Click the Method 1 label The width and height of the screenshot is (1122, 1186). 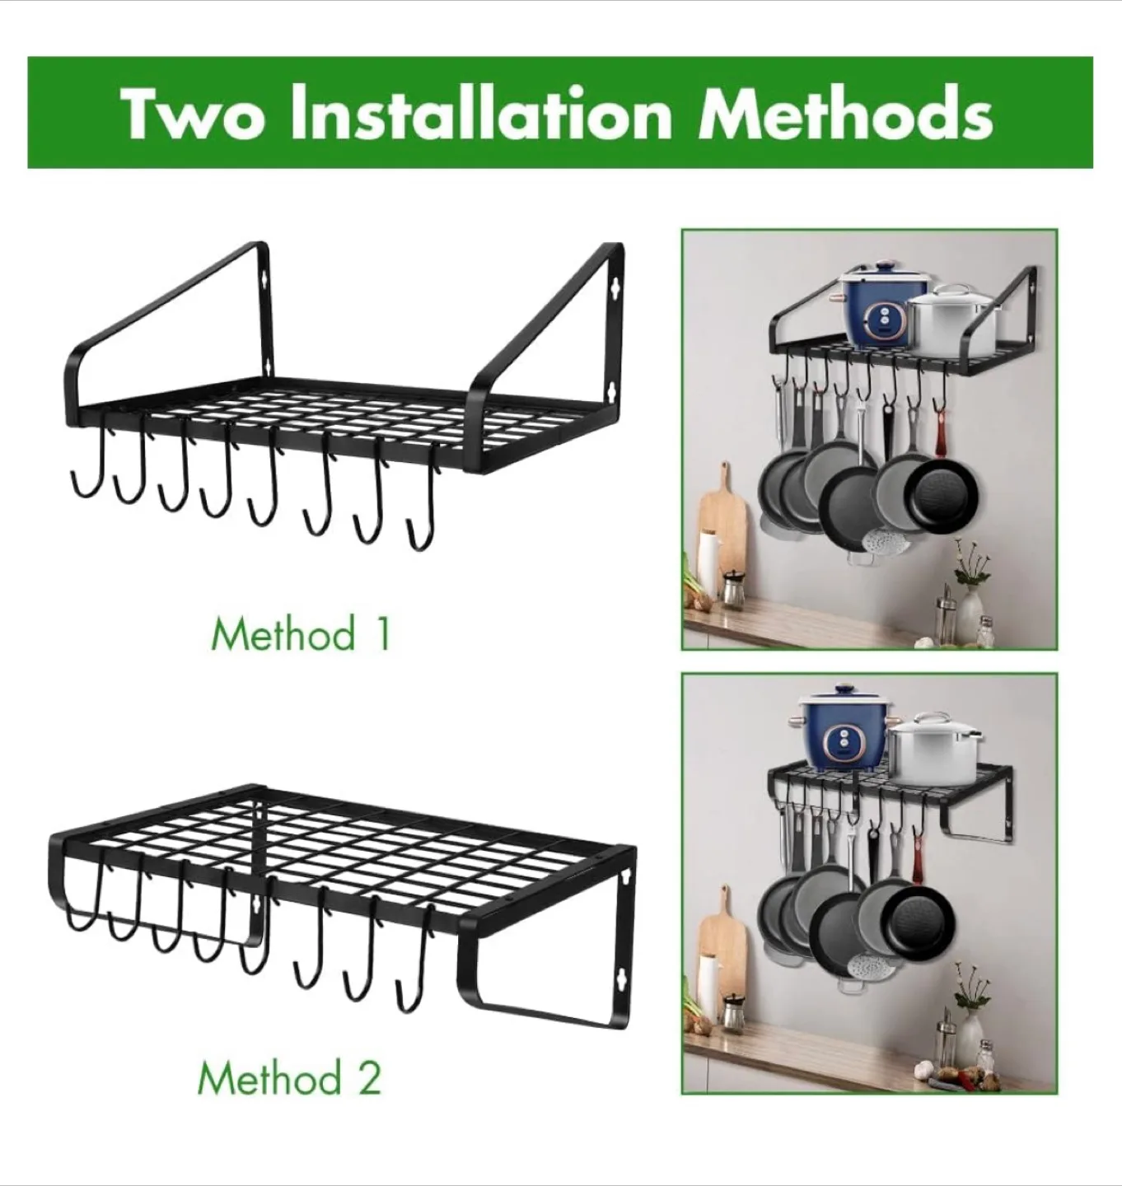[300, 634]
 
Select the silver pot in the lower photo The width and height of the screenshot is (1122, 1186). [934, 749]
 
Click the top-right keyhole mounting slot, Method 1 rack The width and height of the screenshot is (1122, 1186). [615, 288]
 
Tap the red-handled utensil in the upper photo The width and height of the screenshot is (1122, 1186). [941, 428]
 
